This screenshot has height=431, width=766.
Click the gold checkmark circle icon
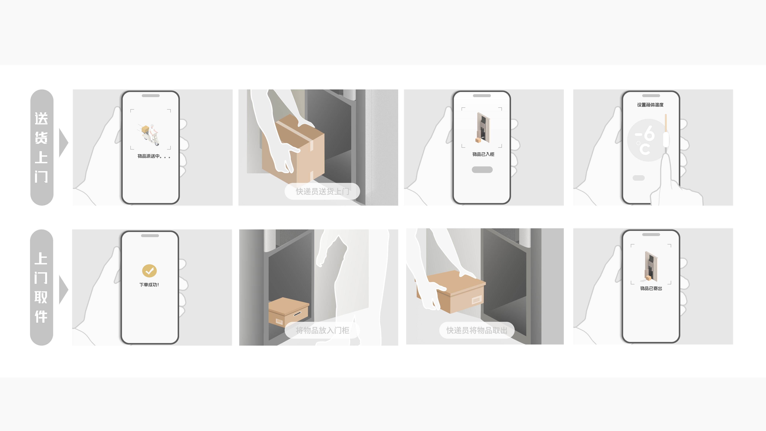click(x=149, y=271)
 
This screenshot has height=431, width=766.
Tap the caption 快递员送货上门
click(x=322, y=191)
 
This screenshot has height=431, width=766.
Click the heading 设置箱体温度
click(x=650, y=105)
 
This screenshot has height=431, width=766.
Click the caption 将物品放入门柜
click(x=322, y=330)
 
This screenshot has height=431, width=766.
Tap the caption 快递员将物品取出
click(x=477, y=330)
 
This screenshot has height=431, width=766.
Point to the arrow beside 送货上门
click(x=63, y=143)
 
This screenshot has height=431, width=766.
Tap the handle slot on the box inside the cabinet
click(x=297, y=314)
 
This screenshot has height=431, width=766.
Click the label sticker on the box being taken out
click(x=476, y=300)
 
